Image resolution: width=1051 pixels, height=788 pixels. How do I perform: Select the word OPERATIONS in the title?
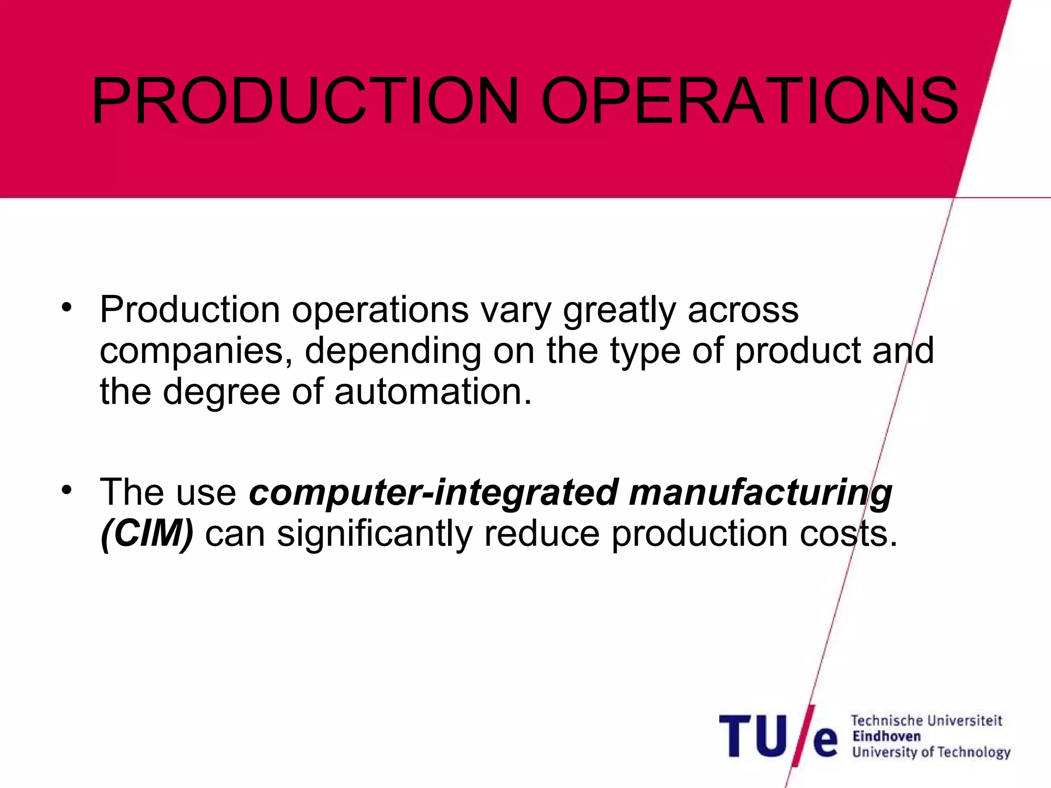(x=749, y=101)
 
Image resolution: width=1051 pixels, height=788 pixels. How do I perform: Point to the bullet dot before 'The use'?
(x=66, y=490)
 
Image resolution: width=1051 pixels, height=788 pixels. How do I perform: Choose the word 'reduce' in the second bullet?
(x=541, y=534)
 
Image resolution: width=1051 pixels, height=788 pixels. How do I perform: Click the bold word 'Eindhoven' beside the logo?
(x=886, y=736)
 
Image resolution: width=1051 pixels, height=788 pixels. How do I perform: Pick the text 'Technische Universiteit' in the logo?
(x=926, y=721)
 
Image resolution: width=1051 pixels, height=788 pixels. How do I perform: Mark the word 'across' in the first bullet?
(x=743, y=310)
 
